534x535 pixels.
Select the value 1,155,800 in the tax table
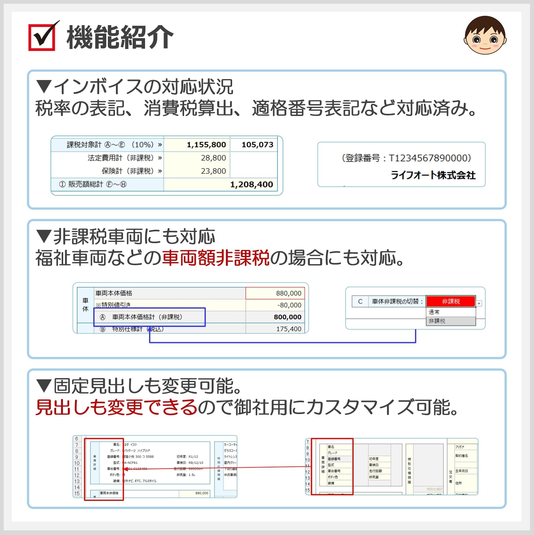(206, 145)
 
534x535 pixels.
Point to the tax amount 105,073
(257, 145)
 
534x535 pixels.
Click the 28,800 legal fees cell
(213, 158)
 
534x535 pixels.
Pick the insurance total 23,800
(213, 171)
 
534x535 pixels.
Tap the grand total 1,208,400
(251, 185)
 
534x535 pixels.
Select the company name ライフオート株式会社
(433, 175)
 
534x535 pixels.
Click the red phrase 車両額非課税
(216, 258)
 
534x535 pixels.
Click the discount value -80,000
(289, 305)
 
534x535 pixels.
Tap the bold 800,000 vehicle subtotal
(287, 317)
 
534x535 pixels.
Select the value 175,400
(289, 329)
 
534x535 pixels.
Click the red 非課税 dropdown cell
(451, 301)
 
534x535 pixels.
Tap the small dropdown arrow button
(479, 303)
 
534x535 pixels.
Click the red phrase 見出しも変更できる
(117, 407)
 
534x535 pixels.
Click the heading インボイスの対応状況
(143, 87)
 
